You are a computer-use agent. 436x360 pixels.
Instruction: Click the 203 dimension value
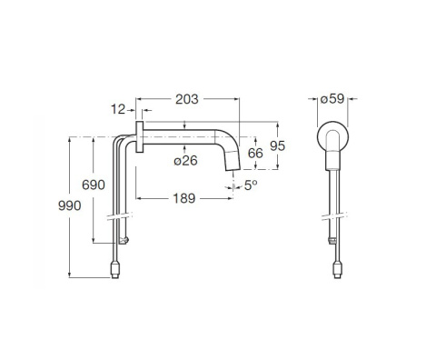click(187, 99)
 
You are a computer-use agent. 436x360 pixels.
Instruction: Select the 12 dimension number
click(118, 109)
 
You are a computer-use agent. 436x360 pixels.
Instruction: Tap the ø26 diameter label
click(185, 160)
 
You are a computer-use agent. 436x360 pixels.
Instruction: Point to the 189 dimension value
click(184, 198)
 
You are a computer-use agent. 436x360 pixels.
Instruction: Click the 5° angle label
click(251, 185)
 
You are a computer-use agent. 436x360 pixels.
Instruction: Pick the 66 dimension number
click(255, 154)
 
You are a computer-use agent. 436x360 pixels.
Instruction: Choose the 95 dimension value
click(277, 146)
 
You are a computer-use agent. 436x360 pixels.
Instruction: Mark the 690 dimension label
click(94, 185)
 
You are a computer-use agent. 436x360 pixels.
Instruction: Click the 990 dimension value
click(70, 205)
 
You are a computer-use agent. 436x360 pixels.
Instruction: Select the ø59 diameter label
click(332, 99)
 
